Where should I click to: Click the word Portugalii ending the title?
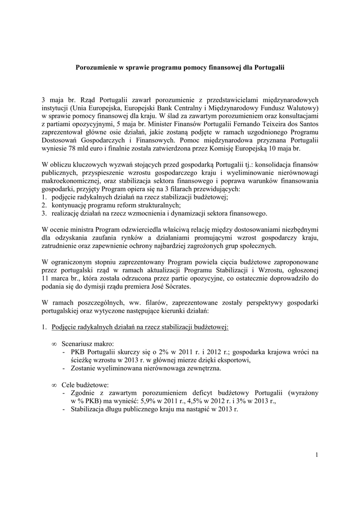[269, 67]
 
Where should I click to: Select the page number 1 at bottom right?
[317, 454]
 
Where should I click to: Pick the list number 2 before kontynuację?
[44, 205]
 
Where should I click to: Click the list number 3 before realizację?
[44, 213]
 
